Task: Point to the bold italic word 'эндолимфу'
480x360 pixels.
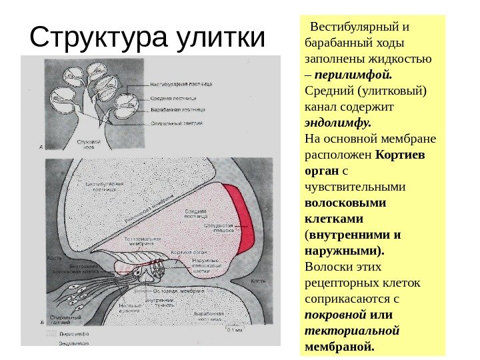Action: (x=337, y=123)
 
